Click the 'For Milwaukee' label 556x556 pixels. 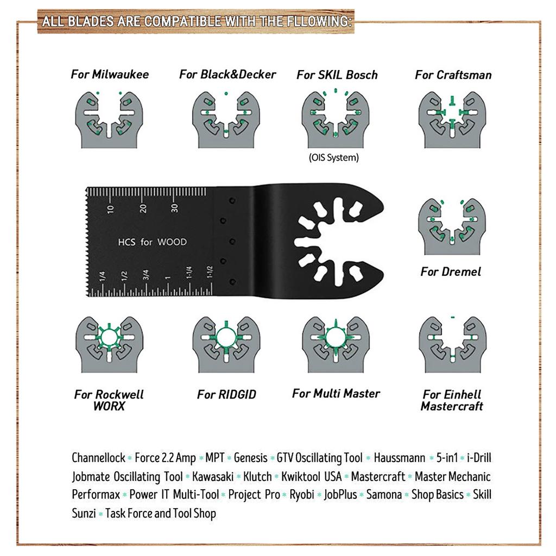(x=110, y=74)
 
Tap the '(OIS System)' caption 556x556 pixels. (x=334, y=158)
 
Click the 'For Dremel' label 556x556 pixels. (x=451, y=271)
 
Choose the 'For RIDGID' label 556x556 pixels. (x=226, y=395)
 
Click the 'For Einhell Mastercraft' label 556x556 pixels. (x=452, y=400)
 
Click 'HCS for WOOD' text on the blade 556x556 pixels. (x=152, y=242)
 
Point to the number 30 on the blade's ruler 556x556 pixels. (x=174, y=208)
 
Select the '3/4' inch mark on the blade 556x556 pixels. (x=146, y=275)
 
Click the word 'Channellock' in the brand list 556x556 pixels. (x=98, y=458)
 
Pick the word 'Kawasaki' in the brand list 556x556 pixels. (x=212, y=477)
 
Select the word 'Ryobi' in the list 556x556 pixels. (x=302, y=495)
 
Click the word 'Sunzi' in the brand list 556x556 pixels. (x=84, y=513)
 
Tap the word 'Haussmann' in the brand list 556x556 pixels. (x=399, y=458)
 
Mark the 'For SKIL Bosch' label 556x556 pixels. (x=337, y=75)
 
